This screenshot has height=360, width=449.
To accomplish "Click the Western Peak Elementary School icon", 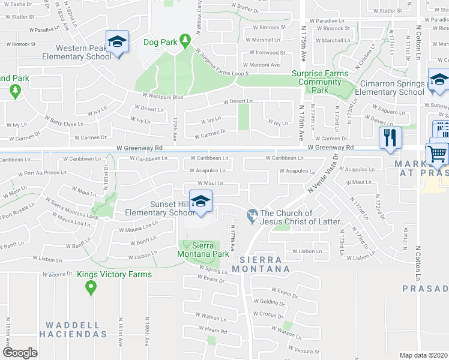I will [117, 42].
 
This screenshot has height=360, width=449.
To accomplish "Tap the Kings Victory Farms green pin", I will [91, 287].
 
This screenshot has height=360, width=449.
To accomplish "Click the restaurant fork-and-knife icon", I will [391, 137].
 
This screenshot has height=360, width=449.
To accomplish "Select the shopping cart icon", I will [437, 154].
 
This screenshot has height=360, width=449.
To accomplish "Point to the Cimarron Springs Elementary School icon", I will [439, 80].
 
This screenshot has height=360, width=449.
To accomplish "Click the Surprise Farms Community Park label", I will [320, 82].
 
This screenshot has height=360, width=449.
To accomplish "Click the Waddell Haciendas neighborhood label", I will [74, 329].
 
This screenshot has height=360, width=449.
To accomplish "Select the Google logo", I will [20, 352].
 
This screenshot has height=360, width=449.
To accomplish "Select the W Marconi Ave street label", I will [262, 65].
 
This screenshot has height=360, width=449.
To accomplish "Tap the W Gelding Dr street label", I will [268, 302].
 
